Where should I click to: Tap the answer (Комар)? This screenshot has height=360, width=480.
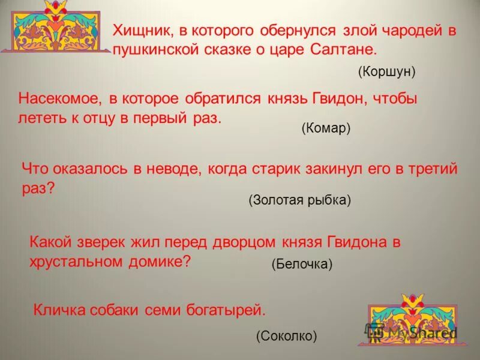click(x=326, y=128)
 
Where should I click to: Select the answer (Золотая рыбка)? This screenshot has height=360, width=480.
click(x=299, y=200)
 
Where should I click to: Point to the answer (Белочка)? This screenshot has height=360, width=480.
click(x=302, y=264)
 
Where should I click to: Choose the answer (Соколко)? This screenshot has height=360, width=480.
click(x=286, y=336)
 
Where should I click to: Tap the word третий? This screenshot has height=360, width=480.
click(x=431, y=169)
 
